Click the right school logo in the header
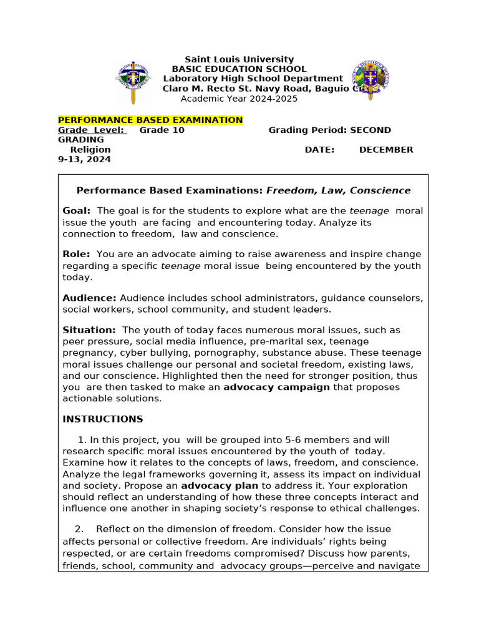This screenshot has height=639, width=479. (370, 79)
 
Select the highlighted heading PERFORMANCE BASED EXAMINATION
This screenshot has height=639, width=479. (150, 120)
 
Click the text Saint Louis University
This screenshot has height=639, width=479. (239, 59)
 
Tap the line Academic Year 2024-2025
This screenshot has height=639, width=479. (239, 99)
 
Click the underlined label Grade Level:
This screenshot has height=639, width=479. (92, 130)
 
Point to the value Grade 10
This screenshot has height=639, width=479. (162, 130)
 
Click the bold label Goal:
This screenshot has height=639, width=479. (77, 211)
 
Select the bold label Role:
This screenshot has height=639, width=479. (76, 254)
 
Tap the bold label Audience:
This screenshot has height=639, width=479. (89, 298)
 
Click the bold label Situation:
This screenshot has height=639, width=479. (89, 329)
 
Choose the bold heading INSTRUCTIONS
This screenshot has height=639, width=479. (103, 419)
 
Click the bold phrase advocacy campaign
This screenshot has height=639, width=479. (276, 387)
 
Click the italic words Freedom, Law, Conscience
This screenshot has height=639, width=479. (339, 190)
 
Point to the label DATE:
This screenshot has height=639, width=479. (319, 150)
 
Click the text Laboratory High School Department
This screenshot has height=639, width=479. (253, 79)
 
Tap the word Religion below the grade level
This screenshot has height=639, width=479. (90, 150)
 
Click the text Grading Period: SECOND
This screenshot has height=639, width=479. (329, 130)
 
